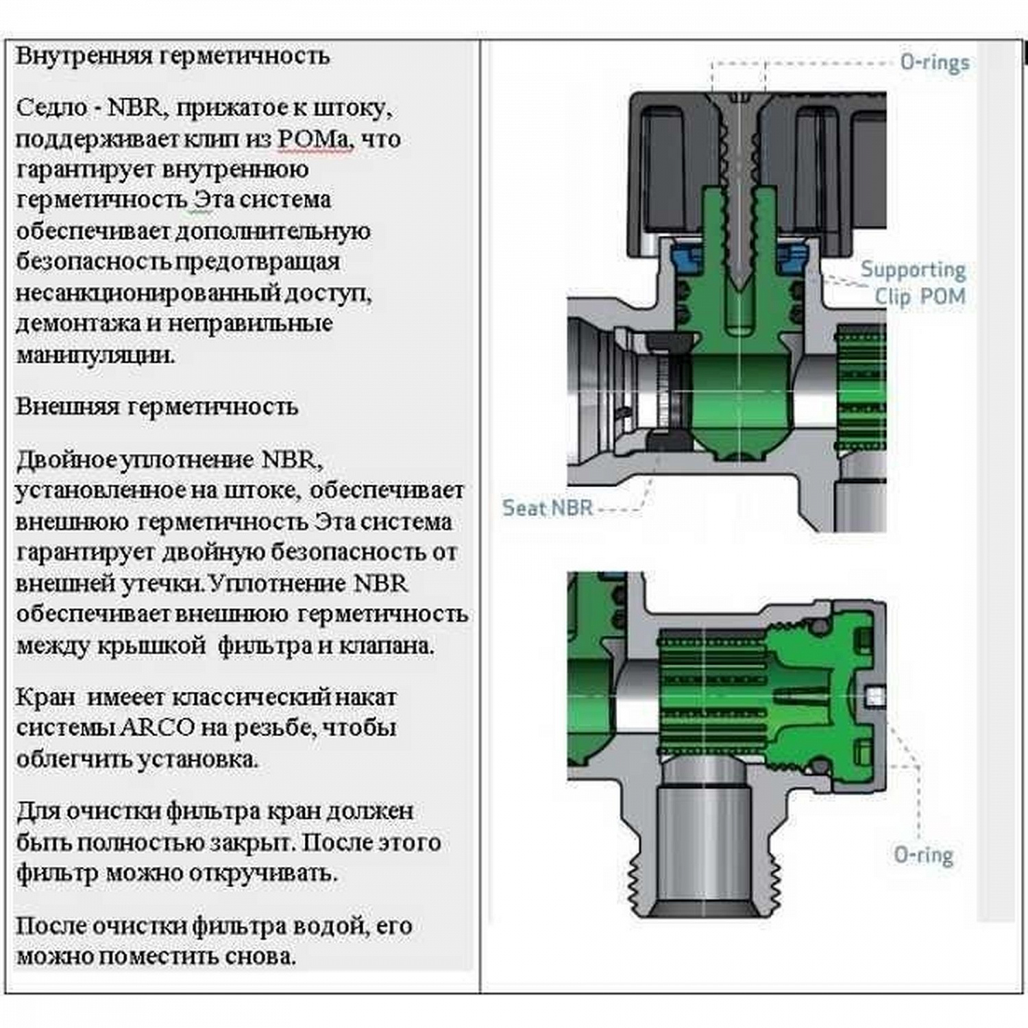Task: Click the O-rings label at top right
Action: (934, 62)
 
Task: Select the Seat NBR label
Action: (547, 508)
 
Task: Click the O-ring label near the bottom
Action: (923, 855)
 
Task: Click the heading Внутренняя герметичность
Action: (173, 56)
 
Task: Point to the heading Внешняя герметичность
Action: (157, 406)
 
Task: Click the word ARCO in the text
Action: (157, 727)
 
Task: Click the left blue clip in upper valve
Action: (686, 258)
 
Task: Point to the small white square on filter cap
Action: (875, 697)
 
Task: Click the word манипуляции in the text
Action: (95, 355)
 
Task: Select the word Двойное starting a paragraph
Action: (66, 459)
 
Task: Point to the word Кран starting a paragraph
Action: (45, 697)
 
